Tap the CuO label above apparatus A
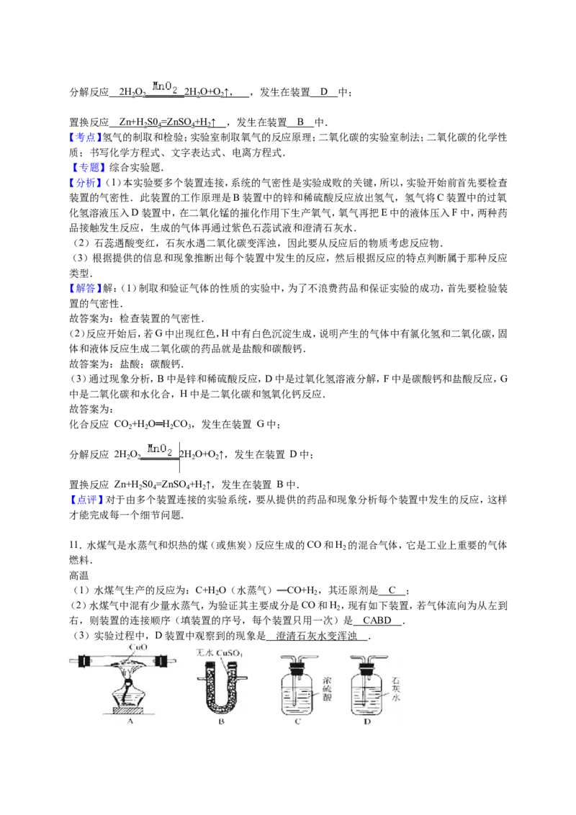point(138,648)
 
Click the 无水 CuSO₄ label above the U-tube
point(219,653)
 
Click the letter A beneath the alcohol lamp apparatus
point(130,721)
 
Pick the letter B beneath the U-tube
point(222,721)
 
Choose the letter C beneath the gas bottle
point(297,721)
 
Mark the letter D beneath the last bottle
point(367,722)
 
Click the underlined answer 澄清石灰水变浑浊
point(317,636)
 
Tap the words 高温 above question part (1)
point(79,575)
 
